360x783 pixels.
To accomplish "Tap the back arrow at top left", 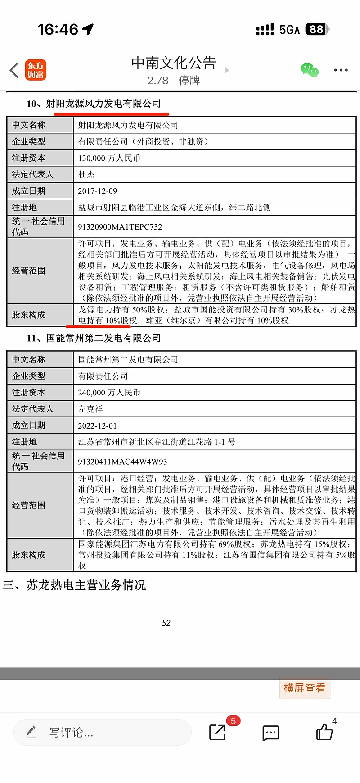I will [14, 70].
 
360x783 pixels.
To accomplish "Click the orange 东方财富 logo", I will [36, 70].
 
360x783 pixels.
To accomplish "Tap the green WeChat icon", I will [310, 70].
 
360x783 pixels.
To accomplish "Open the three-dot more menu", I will [341, 70].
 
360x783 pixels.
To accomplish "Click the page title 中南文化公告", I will [174, 63].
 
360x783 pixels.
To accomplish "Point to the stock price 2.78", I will [157, 81].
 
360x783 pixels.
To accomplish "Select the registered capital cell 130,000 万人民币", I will [109, 158].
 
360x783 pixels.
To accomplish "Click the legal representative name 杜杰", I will [86, 174].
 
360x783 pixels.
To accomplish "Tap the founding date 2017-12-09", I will [98, 191].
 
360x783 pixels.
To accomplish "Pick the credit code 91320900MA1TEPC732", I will [120, 227].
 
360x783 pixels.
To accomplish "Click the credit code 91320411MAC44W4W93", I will [122, 462].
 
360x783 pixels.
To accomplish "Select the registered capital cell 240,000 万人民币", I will [109, 393].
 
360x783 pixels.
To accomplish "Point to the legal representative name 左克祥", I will [90, 409].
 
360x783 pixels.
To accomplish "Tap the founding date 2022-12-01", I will [98, 425].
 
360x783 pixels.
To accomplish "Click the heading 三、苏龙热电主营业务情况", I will [74, 585].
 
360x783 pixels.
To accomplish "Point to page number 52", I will [166, 623].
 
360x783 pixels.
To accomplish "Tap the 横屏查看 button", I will [305, 688].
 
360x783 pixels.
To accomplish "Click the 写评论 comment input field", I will [103, 733].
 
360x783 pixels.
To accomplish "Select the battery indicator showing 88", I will [317, 30].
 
